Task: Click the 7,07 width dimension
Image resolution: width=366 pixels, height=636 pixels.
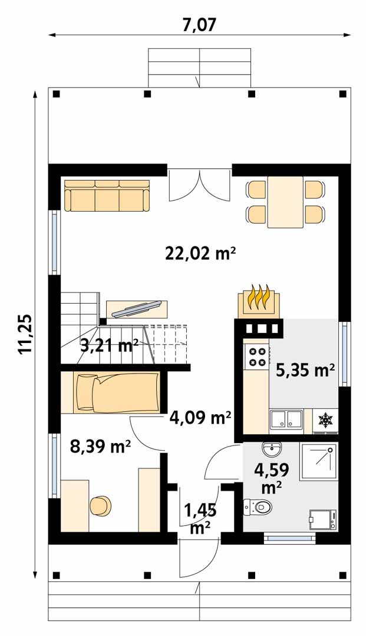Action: coord(199,25)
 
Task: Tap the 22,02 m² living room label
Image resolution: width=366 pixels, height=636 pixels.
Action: coord(200,254)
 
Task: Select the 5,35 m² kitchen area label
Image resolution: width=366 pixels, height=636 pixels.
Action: coord(305,370)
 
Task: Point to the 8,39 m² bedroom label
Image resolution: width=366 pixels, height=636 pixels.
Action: coord(100,447)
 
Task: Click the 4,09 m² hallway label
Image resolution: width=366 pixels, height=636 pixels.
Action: coord(200,417)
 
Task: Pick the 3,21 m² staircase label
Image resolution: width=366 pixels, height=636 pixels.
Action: coord(110,346)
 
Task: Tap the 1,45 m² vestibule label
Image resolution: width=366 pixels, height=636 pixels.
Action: coord(200,519)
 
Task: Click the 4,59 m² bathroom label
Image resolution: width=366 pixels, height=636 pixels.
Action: coord(271,478)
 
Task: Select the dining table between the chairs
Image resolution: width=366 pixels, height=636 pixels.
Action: coord(285,202)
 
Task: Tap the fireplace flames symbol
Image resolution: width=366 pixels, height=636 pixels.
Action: coord(259,298)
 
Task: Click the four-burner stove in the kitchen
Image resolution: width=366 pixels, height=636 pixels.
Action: coord(256,356)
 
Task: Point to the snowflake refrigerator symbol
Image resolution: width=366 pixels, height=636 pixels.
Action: coord(325,420)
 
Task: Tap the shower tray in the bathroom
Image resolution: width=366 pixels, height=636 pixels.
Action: coord(318,461)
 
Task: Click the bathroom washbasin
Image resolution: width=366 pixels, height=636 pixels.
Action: coord(271,448)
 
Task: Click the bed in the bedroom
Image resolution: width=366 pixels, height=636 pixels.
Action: coord(118,393)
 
